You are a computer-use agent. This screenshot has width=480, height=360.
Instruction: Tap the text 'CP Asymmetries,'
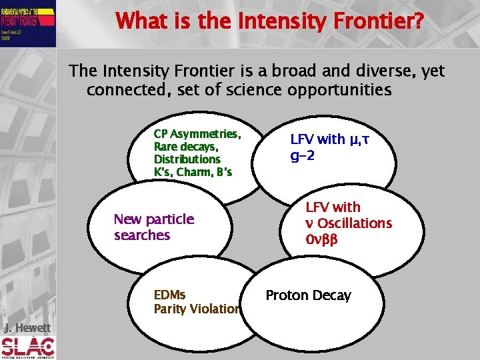pyautogui.click(x=197, y=134)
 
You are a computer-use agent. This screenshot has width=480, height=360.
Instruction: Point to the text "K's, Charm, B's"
pyautogui.click(x=193, y=172)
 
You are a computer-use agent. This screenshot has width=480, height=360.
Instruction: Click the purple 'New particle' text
pyautogui.click(x=154, y=219)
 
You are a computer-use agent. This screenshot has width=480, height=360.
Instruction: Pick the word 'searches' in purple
pyautogui.click(x=142, y=235)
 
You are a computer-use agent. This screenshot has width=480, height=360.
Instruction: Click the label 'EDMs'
pyautogui.click(x=169, y=295)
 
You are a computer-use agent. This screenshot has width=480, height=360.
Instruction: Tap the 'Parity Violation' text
pyautogui.click(x=197, y=309)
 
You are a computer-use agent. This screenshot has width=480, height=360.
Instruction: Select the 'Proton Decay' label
pyautogui.click(x=308, y=295)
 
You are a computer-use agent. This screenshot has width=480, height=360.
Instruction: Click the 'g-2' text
pyautogui.click(x=303, y=155)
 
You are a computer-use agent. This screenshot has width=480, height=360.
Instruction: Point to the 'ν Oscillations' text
pyautogui.click(x=348, y=223)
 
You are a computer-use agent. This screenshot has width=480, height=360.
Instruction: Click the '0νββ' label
pyautogui.click(x=321, y=239)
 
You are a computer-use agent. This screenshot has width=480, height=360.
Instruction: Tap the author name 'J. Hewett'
pyautogui.click(x=27, y=327)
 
